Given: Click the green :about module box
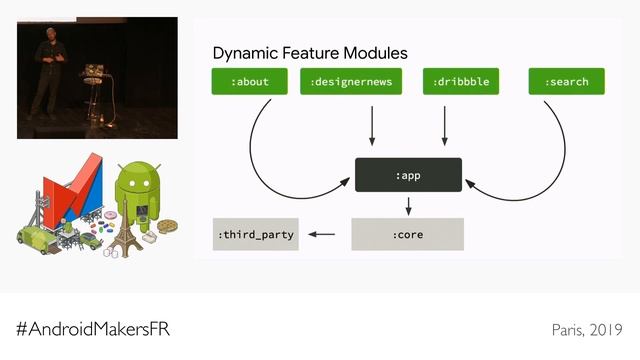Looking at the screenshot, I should (x=250, y=82).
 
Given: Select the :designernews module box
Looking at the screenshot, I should (x=350, y=82).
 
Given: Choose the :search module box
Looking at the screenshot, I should (x=566, y=82).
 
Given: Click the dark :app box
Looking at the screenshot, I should (x=408, y=175).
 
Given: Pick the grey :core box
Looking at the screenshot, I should (x=408, y=234).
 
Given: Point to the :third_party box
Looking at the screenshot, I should (x=255, y=234).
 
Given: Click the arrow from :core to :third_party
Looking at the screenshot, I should (x=322, y=234).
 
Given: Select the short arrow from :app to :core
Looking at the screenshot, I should (x=408, y=205).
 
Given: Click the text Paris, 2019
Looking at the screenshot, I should (x=587, y=330).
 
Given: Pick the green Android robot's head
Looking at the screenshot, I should (x=137, y=178).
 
